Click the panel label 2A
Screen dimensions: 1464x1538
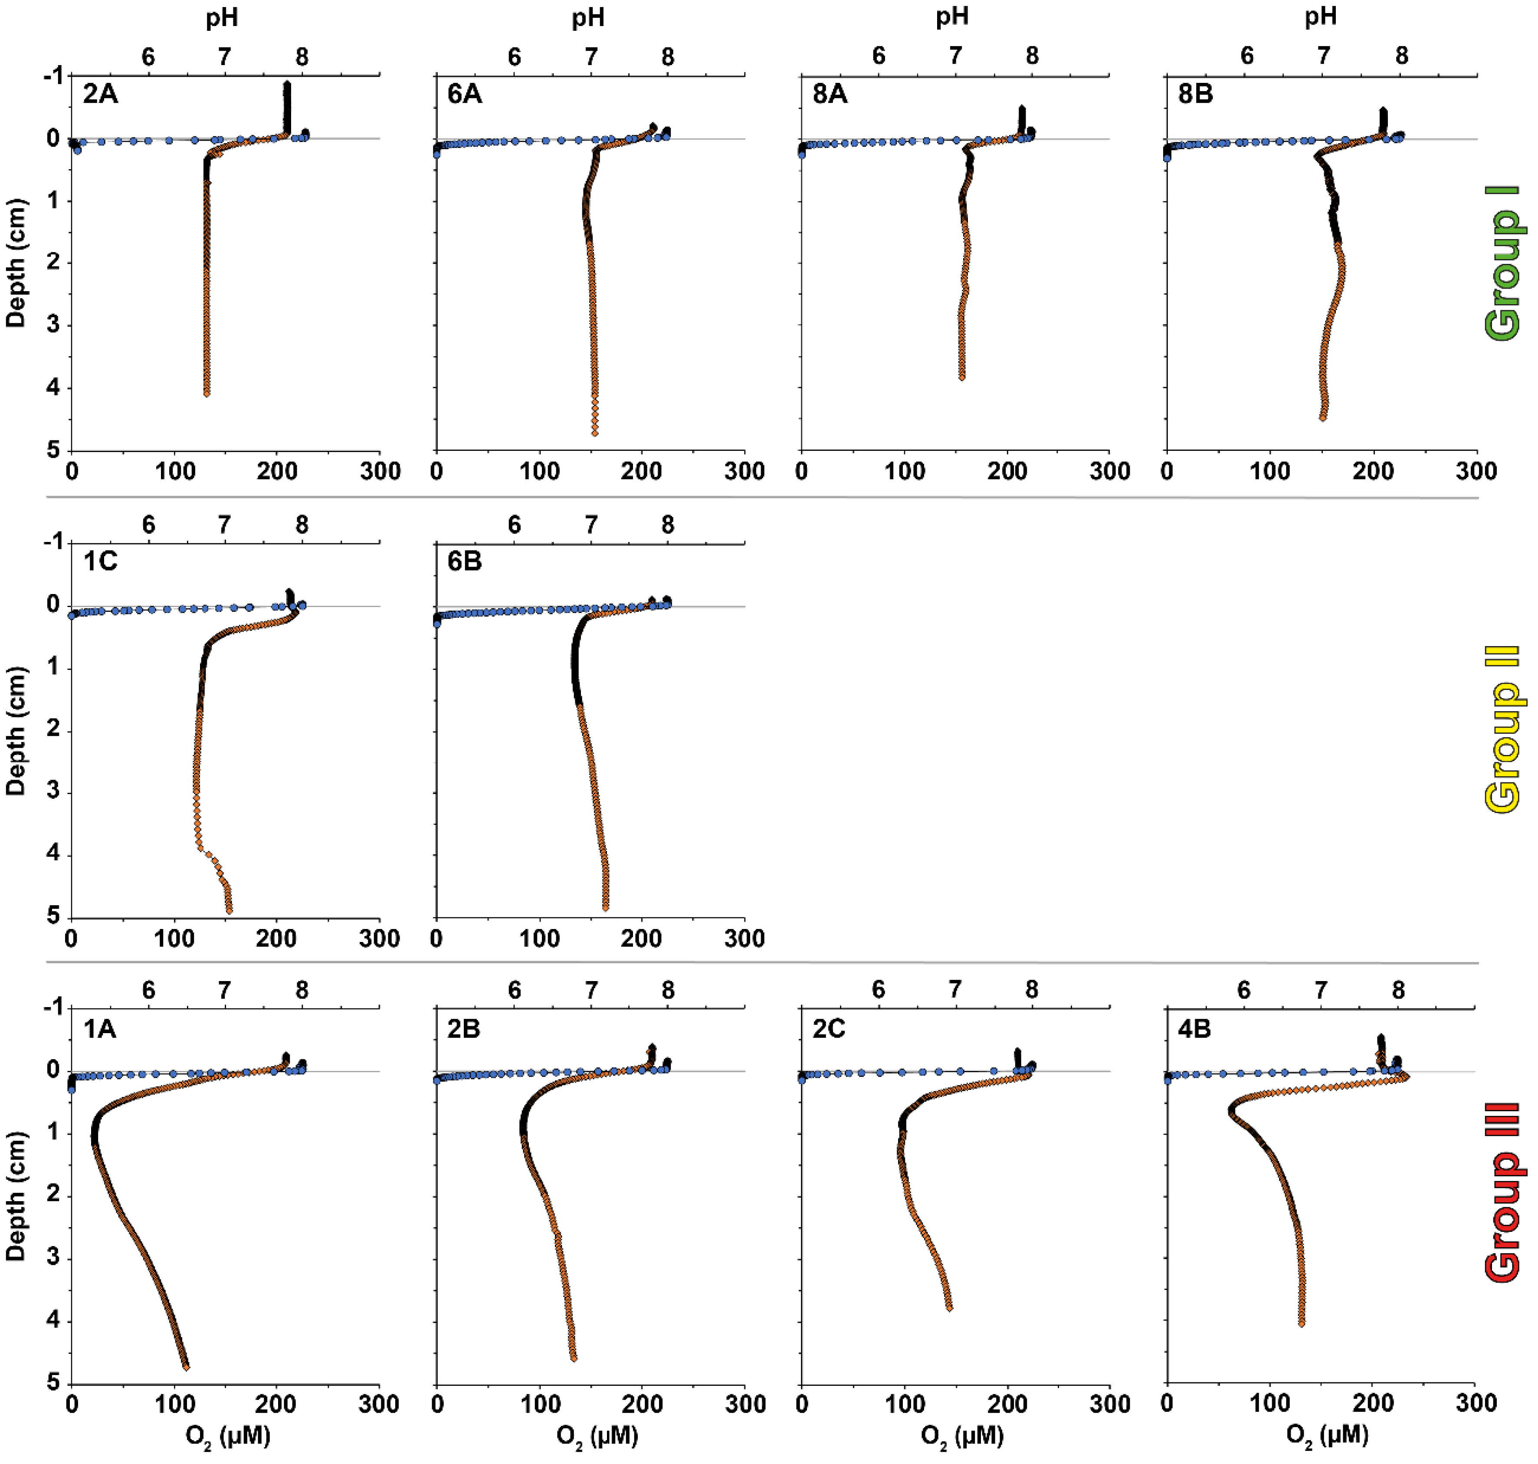pyautogui.click(x=101, y=95)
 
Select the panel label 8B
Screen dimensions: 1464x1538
pyautogui.click(x=1195, y=95)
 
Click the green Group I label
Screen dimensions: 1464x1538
pyautogui.click(x=1502, y=263)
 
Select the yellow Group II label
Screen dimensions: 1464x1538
pyautogui.click(x=1502, y=730)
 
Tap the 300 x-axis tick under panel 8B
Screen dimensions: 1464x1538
pyautogui.click(x=1476, y=471)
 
